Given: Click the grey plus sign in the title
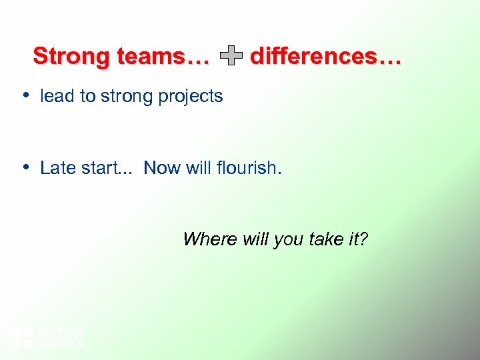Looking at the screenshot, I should tap(231, 57).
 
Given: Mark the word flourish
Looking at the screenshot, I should tap(249, 168).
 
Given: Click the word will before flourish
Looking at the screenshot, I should tap(199, 168).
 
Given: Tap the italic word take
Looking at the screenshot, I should tap(327, 239).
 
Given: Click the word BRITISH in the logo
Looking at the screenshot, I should tap(60, 332).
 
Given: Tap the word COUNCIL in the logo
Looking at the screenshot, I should tap(61, 344).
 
